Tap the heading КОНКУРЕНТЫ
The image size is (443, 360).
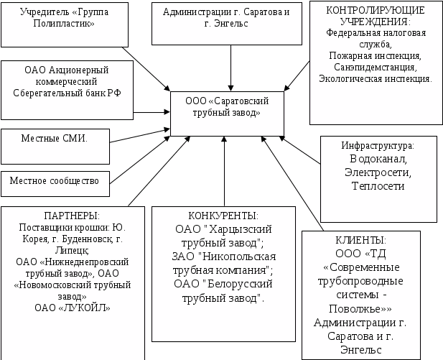pos(223,216)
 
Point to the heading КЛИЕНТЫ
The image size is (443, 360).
pos(361,240)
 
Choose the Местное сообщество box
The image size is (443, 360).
pos(54,181)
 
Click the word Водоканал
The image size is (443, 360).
pos(378,159)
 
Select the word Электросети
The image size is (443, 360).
pos(378,172)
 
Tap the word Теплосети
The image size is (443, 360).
pos(378,186)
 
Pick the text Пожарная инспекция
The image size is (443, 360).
pos(376,55)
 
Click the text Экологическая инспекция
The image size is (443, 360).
pos(376,78)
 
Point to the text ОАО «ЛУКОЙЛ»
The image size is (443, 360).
pos(70,308)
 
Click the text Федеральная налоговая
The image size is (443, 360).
pos(376,32)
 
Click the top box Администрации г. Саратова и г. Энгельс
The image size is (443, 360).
pos(230,18)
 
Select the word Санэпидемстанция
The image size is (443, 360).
pos(376,67)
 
